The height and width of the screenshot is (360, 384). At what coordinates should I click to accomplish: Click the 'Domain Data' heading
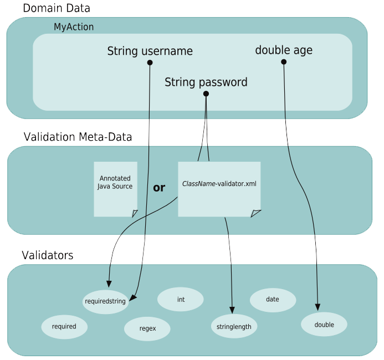tap(56, 8)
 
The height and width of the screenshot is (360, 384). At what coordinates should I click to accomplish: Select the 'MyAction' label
tap(74, 27)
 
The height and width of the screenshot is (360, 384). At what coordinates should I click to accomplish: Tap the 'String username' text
tap(150, 51)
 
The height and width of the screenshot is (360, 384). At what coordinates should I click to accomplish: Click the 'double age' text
tap(284, 50)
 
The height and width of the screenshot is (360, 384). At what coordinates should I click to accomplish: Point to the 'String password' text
tap(206, 83)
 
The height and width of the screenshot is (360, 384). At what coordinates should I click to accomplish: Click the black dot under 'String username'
tap(150, 63)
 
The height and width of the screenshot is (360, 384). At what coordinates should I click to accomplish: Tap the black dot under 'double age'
tap(284, 61)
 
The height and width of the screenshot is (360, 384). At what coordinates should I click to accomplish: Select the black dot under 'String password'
tap(206, 94)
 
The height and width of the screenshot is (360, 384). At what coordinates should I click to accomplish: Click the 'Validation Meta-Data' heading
tap(78, 137)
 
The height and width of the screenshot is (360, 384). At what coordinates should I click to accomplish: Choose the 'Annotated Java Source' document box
tap(115, 188)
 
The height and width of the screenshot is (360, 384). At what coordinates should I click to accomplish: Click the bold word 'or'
tap(159, 188)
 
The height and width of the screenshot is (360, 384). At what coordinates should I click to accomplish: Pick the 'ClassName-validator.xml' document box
tap(219, 188)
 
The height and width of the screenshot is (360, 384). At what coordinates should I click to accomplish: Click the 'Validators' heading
tap(47, 255)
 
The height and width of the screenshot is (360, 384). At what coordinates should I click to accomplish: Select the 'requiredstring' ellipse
tap(105, 302)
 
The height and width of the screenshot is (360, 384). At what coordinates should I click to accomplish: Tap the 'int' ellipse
tap(181, 299)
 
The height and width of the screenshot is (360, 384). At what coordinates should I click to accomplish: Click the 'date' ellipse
tap(273, 299)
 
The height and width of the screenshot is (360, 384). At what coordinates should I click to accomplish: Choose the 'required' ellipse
tap(64, 326)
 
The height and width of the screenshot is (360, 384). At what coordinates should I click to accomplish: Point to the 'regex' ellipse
tap(147, 328)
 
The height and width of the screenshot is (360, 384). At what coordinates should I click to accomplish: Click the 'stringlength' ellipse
tap(234, 326)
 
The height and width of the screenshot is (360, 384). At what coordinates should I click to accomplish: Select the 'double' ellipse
tap(324, 325)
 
